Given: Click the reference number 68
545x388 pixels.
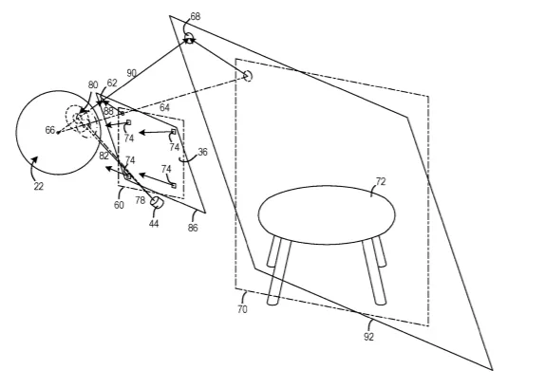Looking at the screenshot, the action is (196, 16).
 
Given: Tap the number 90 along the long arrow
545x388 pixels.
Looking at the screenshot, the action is (131, 73).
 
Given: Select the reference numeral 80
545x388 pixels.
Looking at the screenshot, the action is (93, 85).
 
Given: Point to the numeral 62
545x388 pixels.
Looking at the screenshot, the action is (112, 83).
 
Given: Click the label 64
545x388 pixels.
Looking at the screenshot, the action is (164, 108).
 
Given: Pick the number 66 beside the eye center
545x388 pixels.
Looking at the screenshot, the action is (50, 130).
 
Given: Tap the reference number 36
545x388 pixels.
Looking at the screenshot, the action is (202, 152).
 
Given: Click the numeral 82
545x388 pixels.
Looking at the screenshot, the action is (103, 156).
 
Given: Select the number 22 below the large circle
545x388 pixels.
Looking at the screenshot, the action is (39, 187).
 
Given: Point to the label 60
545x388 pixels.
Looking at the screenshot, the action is (119, 205).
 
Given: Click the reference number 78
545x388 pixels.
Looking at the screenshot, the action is (141, 200).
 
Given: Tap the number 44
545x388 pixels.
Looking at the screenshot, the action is (154, 224).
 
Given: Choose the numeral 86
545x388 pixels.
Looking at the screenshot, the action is (193, 228).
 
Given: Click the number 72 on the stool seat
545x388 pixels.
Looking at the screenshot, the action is (381, 181).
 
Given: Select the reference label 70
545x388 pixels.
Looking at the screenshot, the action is (242, 309).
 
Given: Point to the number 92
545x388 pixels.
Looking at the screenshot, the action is (368, 337).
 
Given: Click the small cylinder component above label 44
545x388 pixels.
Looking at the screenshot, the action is (157, 202).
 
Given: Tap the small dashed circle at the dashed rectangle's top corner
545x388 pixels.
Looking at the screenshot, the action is (248, 76).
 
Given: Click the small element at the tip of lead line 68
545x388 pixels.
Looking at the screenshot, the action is (189, 38).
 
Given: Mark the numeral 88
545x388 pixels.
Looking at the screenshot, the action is (108, 111).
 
